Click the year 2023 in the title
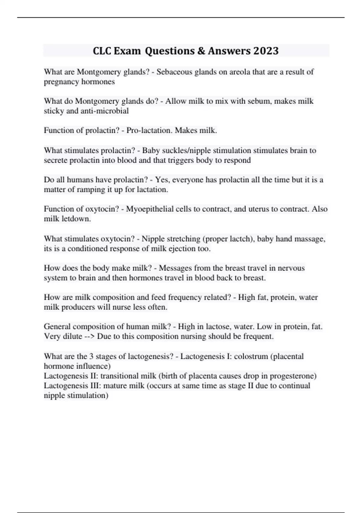pos(266,51)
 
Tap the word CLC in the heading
pos(102,51)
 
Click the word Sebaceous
pos(175,72)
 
